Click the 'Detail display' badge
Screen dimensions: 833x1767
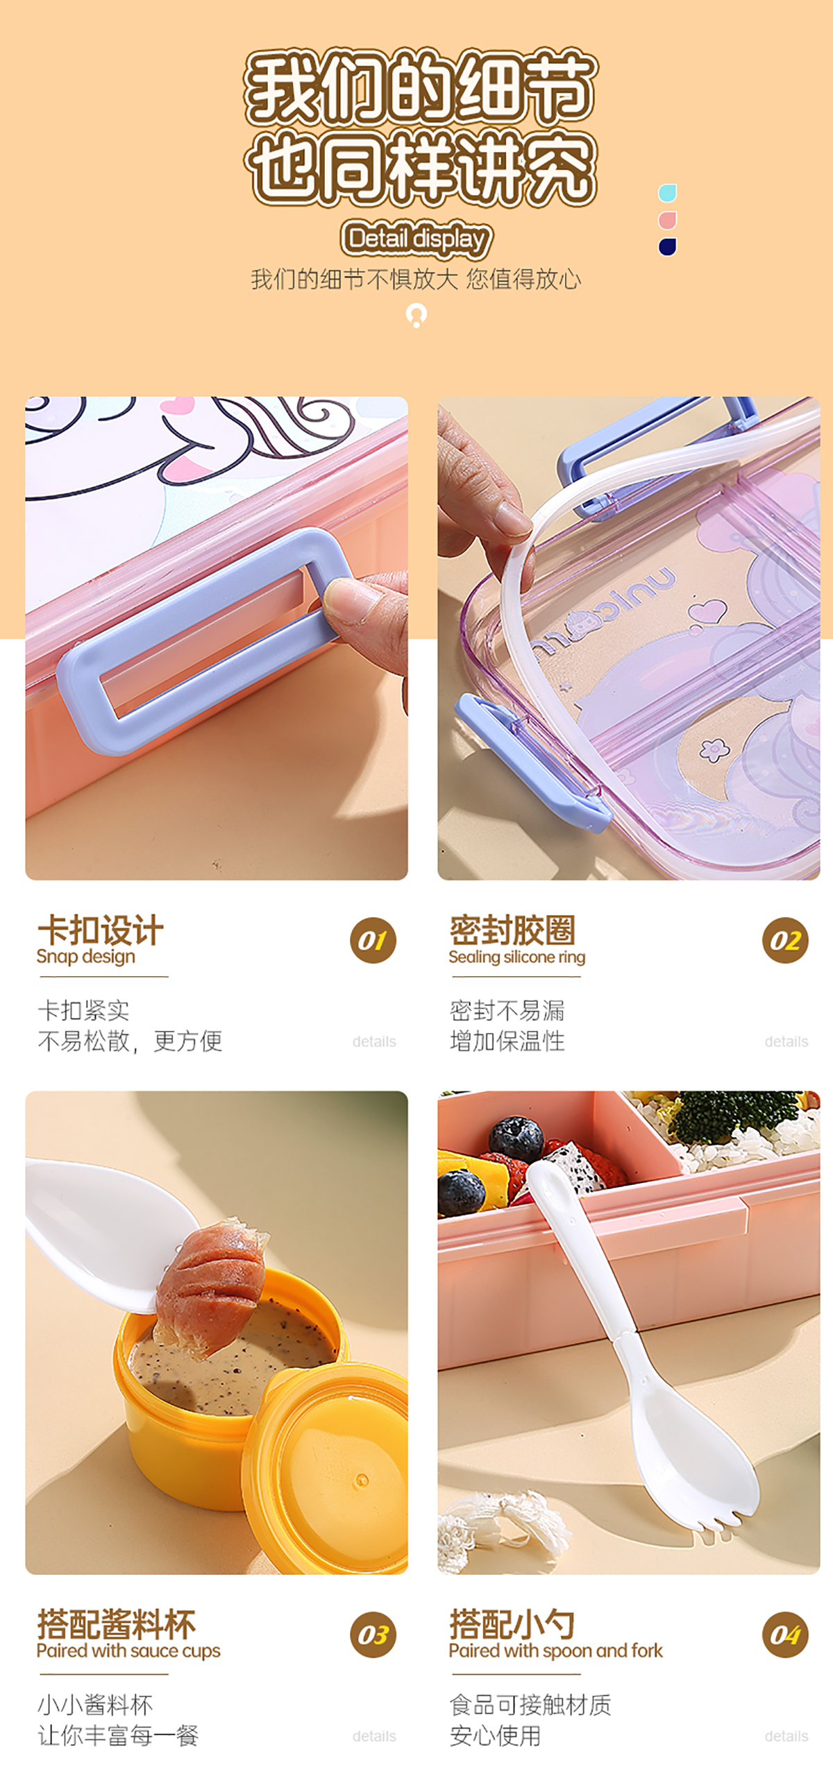coord(416,239)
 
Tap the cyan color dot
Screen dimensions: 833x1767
coord(667,193)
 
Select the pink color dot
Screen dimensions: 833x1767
coord(667,220)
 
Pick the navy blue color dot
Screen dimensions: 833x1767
coord(667,247)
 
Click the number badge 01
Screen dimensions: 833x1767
coord(373,941)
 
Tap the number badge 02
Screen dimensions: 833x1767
coord(785,941)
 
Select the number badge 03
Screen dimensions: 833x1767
coord(373,1635)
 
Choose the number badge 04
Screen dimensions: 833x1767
coord(785,1635)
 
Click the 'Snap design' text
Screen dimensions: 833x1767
coord(86,957)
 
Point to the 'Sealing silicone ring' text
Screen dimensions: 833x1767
coord(517,957)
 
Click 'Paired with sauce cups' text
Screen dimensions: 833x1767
coord(128,1651)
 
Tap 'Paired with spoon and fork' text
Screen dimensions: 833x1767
coord(556,1651)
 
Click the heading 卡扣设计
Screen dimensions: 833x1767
coord(101,930)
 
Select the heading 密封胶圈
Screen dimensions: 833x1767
coord(513,930)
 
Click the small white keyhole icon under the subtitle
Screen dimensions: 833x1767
coord(416,316)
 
